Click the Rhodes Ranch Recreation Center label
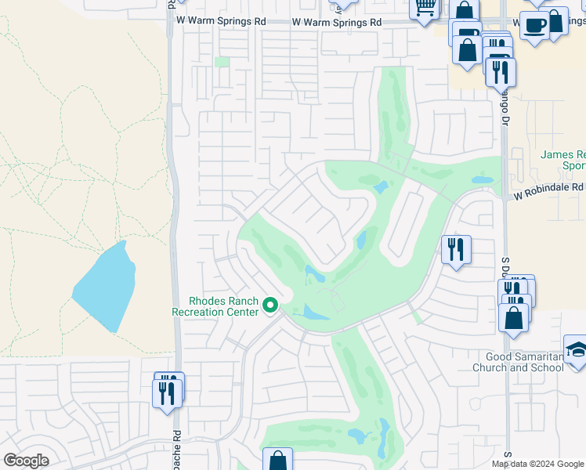(x=215, y=306)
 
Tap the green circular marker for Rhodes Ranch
(x=271, y=305)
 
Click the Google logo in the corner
(x=26, y=461)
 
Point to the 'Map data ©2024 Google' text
(x=537, y=464)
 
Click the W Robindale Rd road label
(x=549, y=188)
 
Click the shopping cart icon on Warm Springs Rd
(x=425, y=8)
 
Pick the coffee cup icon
(x=535, y=25)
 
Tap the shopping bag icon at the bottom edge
(x=277, y=461)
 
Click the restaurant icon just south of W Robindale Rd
(x=456, y=250)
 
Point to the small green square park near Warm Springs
(x=222, y=62)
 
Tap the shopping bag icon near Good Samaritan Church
(x=514, y=317)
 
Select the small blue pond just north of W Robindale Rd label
(x=482, y=179)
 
